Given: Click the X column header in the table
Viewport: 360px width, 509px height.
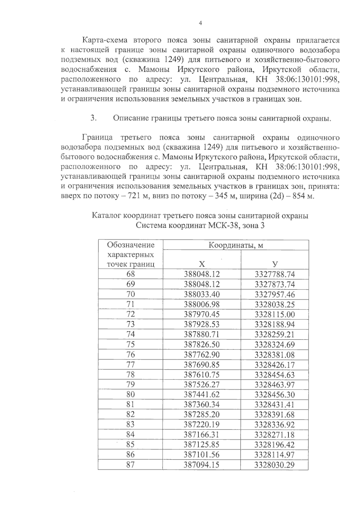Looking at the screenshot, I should click(x=202, y=264).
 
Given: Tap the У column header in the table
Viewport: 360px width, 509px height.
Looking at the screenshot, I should click(x=275, y=264).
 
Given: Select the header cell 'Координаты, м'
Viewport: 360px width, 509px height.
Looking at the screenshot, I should click(x=236, y=245).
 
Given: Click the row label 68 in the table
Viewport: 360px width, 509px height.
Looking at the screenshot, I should click(x=130, y=274).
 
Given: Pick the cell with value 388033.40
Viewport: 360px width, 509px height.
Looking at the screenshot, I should click(x=202, y=294).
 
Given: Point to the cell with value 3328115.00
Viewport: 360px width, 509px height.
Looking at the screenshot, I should click(x=275, y=314).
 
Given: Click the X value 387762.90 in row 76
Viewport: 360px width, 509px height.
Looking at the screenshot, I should click(x=202, y=355).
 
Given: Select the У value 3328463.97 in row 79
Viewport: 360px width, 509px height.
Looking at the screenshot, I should click(x=275, y=385).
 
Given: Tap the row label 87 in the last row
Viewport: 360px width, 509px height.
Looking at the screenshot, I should click(x=130, y=465).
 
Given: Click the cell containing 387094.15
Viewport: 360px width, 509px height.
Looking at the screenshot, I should click(x=202, y=465).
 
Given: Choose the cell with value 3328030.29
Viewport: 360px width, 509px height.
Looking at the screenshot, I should click(x=275, y=465).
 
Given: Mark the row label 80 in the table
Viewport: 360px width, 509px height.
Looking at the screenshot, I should click(x=130, y=395).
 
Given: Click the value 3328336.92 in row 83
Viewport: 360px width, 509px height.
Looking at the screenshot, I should click(x=275, y=425).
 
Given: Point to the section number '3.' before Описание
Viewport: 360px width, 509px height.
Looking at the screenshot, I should click(x=93, y=118).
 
